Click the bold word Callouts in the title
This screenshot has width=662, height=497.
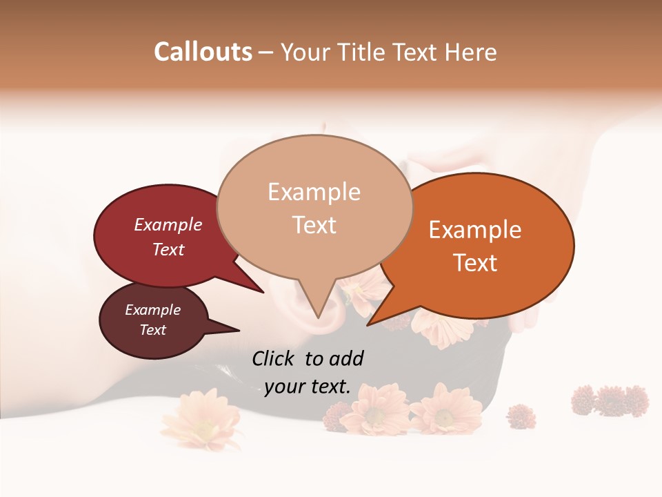(x=203, y=52)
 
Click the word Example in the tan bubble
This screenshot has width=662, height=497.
(x=314, y=192)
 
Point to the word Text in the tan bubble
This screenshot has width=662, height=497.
(x=314, y=225)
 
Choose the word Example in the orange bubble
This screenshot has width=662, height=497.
(x=475, y=230)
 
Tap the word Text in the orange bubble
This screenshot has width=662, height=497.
(x=476, y=263)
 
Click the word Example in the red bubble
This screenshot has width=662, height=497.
(x=168, y=225)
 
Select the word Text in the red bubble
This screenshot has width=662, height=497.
(x=168, y=249)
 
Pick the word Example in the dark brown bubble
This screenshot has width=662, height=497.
(x=153, y=310)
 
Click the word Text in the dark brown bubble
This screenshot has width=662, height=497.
(x=153, y=330)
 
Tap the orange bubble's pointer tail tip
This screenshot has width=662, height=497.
(x=368, y=324)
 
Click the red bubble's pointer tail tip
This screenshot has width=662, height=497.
(x=263, y=292)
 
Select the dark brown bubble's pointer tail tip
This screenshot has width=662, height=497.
(x=239, y=330)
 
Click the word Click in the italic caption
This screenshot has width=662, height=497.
(x=274, y=358)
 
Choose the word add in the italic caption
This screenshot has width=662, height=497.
(x=346, y=358)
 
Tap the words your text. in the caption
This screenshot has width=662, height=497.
(x=308, y=387)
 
